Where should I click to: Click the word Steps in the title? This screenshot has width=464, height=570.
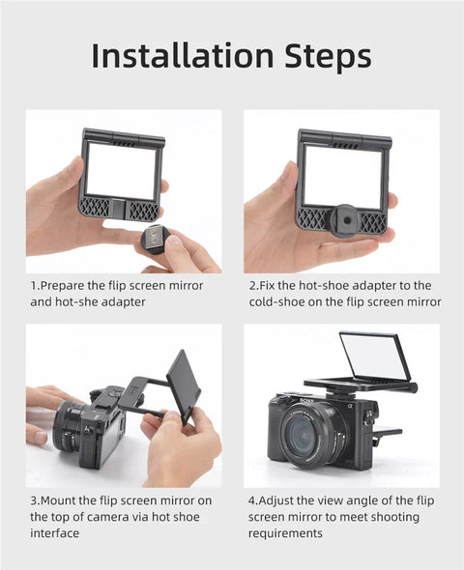(325, 56)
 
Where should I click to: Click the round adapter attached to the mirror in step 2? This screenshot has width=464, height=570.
(345, 217)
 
